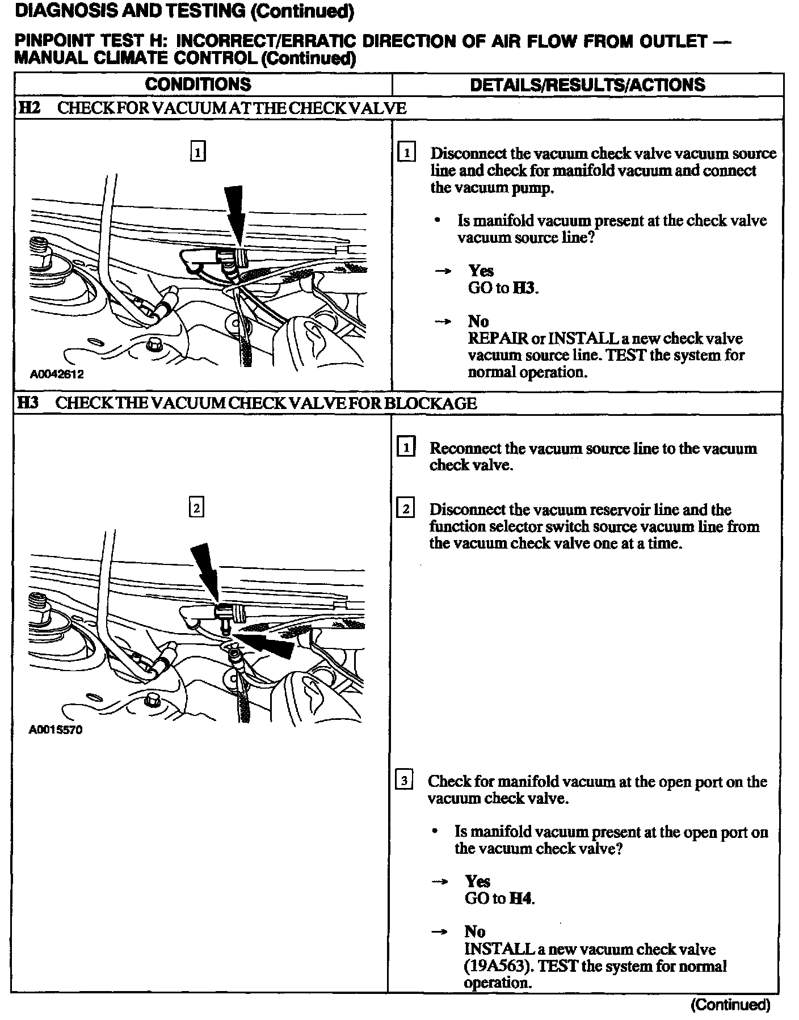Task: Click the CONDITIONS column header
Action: (198, 85)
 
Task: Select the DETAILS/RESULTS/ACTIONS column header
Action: (587, 85)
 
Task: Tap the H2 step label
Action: (29, 108)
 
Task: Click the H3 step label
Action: (28, 403)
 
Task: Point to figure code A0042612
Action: (57, 374)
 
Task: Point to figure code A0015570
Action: (56, 730)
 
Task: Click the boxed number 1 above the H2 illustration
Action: (197, 152)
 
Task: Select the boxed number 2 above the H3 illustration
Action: (196, 508)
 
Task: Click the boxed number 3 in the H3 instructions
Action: (403, 781)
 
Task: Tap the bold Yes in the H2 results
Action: (481, 271)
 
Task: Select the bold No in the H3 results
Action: (475, 932)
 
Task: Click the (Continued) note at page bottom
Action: (731, 1005)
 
